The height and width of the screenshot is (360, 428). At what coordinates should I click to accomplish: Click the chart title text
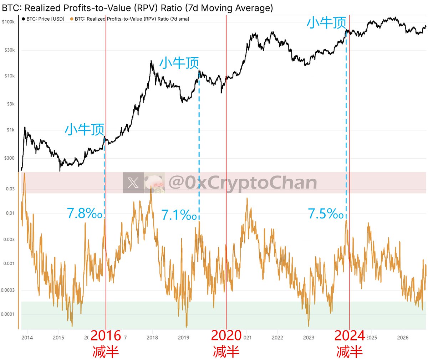pyautogui.click(x=137, y=8)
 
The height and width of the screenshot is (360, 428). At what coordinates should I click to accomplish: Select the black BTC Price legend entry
pyautogui.click(x=43, y=19)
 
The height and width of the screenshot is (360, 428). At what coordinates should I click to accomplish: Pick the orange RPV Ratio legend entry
pyautogui.click(x=129, y=19)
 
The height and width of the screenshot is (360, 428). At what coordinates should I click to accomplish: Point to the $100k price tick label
pyautogui.click(x=8, y=22)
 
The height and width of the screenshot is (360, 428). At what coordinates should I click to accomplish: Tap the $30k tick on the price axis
pyautogui.click(x=10, y=50)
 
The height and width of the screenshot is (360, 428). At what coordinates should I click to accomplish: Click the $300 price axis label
pyautogui.click(x=9, y=158)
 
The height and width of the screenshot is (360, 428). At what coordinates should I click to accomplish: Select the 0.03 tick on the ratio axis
pyautogui.click(x=10, y=189)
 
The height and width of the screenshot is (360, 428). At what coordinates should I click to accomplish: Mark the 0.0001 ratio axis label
pyautogui.click(x=8, y=314)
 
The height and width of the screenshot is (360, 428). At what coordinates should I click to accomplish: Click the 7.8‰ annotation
pyautogui.click(x=85, y=213)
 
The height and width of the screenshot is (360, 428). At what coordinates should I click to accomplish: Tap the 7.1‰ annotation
pyautogui.click(x=179, y=215)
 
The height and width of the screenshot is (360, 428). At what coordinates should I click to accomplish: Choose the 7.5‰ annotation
pyautogui.click(x=326, y=214)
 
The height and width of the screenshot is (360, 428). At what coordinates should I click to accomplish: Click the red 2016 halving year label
pyautogui.click(x=106, y=336)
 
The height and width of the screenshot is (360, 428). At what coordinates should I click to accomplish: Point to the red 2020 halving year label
pyautogui.click(x=226, y=335)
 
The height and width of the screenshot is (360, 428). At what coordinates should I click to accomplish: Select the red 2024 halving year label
pyautogui.click(x=350, y=336)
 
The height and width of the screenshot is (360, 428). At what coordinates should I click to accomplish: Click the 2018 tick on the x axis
pyautogui.click(x=152, y=338)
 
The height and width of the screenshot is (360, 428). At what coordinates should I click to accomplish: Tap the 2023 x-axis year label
pyautogui.click(x=309, y=338)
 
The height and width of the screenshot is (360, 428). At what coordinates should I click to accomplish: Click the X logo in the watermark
pyautogui.click(x=133, y=183)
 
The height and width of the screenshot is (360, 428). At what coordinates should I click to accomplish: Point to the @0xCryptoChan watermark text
pyautogui.click(x=243, y=182)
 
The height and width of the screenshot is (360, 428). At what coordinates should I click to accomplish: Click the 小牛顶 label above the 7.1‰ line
pyautogui.click(x=179, y=63)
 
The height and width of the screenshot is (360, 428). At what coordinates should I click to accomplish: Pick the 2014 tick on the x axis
pyautogui.click(x=27, y=338)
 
